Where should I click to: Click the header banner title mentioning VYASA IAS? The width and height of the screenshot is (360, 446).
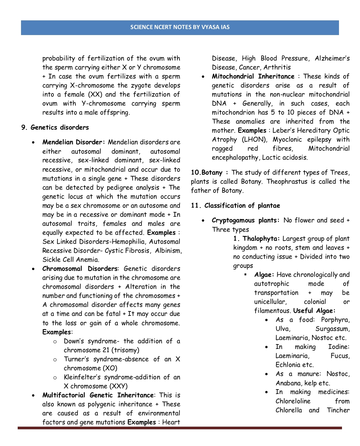[x=180, y=27]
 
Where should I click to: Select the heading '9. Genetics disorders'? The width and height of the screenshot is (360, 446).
[x=55, y=128]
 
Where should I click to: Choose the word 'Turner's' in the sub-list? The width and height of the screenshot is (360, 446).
[x=76, y=359]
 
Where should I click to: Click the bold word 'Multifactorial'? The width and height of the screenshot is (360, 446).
[x=64, y=395]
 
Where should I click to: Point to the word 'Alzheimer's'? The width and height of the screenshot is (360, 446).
[x=332, y=58]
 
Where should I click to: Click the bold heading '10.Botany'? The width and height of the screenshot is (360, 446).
[x=207, y=173]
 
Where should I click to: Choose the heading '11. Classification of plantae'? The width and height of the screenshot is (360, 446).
[x=235, y=206]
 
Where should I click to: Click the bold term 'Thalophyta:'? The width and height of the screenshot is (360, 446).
[x=261, y=239]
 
